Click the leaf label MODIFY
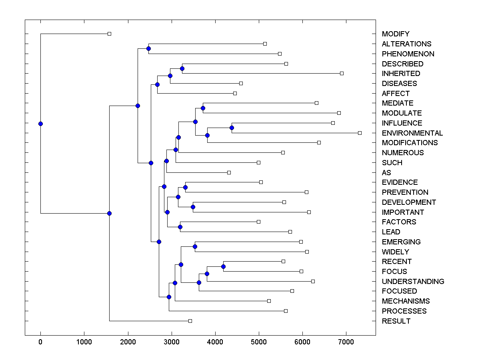396,34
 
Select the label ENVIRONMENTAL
412,133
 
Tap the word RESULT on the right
396,321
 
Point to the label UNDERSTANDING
413,282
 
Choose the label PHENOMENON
408,54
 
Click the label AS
386,173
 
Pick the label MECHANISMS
406,301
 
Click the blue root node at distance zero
40,124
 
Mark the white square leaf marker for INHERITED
342,73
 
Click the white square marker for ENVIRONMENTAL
360,133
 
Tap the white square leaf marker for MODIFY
109,34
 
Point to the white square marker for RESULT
190,321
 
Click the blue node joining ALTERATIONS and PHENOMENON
148,48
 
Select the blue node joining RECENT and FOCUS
223,266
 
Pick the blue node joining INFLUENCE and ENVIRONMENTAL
232,128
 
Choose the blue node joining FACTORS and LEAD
180,227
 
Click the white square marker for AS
229,172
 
